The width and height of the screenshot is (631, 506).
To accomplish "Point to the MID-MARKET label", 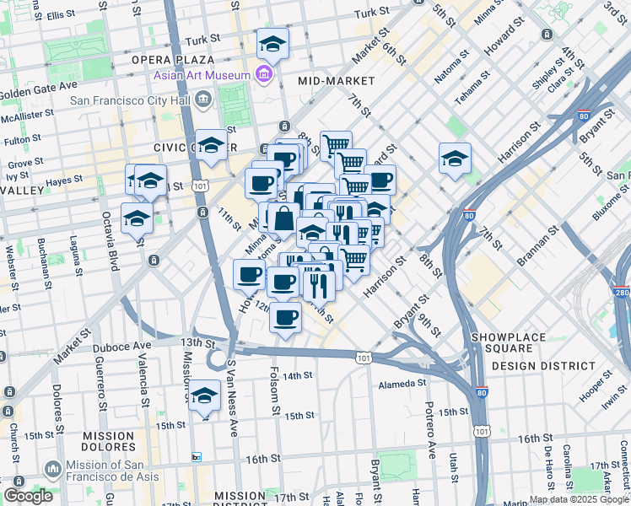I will (x=336, y=81).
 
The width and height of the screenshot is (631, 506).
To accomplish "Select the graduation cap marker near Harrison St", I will (x=455, y=158).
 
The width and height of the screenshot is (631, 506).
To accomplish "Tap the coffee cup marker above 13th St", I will (x=286, y=318).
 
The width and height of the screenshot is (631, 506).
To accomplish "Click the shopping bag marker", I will (x=284, y=218).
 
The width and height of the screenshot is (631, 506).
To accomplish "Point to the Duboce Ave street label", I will (x=129, y=346).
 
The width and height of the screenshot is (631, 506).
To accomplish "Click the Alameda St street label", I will (x=403, y=384).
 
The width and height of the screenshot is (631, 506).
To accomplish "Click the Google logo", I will (x=28, y=496).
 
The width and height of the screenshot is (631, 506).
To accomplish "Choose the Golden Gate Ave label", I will (x=37, y=88).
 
